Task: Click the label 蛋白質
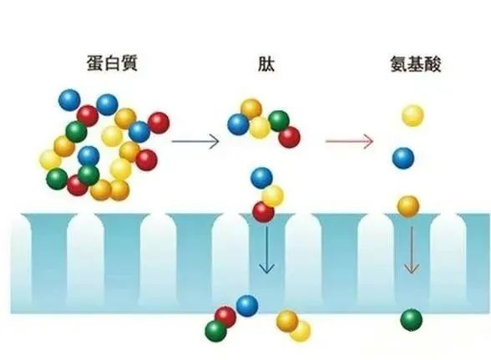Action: tap(112, 63)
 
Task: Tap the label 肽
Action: tap(266, 63)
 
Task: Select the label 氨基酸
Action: tap(416, 64)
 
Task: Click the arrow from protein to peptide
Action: tap(195, 141)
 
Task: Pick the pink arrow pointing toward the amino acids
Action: tap(349, 141)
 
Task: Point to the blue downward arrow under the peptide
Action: tap(266, 250)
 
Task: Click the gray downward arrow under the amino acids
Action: tap(412, 250)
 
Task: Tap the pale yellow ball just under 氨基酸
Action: tap(413, 115)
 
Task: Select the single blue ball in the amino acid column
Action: tap(403, 158)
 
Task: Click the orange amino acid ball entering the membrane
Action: tap(408, 206)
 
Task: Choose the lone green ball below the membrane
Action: tap(411, 320)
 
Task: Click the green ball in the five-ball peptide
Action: tap(278, 121)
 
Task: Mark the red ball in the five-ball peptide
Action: tap(289, 137)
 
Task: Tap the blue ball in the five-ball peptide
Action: tap(238, 124)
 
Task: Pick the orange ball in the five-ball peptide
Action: tap(251, 109)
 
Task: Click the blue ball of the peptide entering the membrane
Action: tap(261, 178)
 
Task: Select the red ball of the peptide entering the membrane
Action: tap(263, 212)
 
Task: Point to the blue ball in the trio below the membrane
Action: tap(247, 306)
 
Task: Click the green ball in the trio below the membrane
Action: tap(215, 332)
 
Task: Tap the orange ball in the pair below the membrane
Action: tap(287, 321)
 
